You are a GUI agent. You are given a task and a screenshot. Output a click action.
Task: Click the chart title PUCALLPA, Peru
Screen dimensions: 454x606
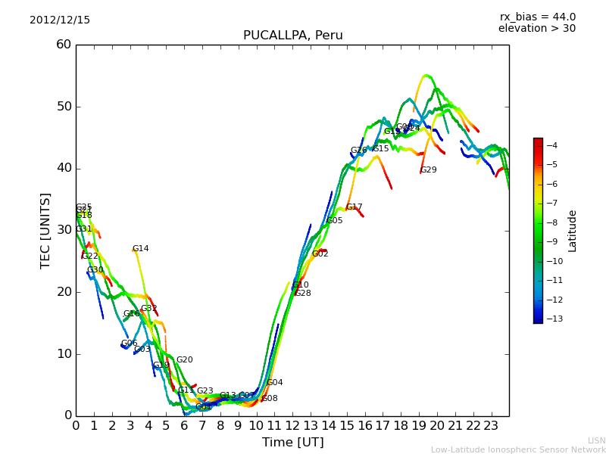(292, 36)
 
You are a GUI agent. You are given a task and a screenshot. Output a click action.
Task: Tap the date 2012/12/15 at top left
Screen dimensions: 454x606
(60, 20)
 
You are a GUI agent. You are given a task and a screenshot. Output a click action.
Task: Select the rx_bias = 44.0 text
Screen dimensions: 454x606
(537, 17)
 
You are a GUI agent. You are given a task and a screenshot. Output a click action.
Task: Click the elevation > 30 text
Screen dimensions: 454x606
(536, 29)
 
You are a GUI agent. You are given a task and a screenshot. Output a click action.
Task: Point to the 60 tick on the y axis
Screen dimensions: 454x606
(64, 45)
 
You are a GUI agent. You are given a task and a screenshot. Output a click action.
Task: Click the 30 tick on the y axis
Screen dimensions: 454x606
(64, 230)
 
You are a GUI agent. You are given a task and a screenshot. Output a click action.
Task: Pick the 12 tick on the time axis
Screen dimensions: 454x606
(292, 426)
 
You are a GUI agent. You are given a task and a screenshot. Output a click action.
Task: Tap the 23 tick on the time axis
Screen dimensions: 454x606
(491, 426)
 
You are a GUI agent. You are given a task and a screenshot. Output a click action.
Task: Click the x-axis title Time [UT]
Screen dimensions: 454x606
(292, 442)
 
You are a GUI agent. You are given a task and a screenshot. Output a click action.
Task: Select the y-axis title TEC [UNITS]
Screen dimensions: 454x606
(45, 230)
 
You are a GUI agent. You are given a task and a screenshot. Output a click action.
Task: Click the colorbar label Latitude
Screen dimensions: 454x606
(573, 230)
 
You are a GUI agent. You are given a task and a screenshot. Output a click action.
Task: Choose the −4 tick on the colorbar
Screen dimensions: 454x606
(551, 145)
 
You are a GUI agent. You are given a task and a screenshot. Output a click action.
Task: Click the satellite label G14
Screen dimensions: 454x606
(140, 249)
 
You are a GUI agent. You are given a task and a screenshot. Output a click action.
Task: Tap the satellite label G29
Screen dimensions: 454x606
(429, 170)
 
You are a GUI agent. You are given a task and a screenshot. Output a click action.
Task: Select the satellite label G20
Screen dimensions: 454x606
(184, 360)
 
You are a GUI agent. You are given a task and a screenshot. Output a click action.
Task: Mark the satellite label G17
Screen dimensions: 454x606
(355, 207)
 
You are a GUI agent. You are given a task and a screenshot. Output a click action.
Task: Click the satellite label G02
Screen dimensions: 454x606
(320, 254)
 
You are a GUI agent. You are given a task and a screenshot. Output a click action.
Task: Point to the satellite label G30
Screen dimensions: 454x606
(95, 270)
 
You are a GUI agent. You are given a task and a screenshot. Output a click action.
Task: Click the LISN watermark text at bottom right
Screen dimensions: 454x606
(596, 440)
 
